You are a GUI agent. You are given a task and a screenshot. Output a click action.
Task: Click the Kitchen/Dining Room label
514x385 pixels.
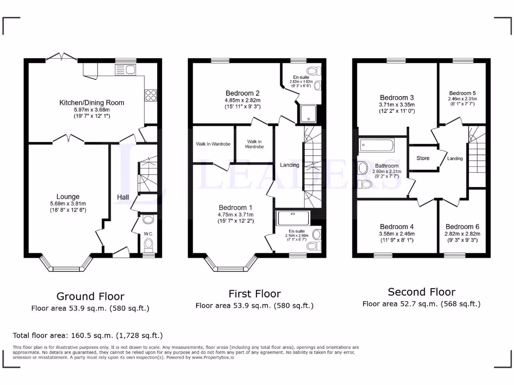[x=91, y=103]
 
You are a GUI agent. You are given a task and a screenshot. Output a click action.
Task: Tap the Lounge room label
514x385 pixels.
[x=68, y=197]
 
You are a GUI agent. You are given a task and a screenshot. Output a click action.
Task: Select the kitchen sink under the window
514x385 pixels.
[x=125, y=70]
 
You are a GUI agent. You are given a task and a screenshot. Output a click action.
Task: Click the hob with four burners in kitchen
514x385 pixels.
[x=150, y=95]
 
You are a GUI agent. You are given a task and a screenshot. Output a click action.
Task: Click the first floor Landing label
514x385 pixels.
[x=290, y=165]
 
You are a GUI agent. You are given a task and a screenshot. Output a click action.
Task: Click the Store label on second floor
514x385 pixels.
[x=423, y=158]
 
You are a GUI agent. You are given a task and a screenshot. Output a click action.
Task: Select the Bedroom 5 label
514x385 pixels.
[x=462, y=93]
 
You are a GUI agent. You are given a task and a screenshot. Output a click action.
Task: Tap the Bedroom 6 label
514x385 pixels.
[x=462, y=227]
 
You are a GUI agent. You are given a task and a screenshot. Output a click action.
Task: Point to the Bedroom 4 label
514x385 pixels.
[x=397, y=227]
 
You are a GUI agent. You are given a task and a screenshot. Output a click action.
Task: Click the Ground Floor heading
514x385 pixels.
[x=90, y=296]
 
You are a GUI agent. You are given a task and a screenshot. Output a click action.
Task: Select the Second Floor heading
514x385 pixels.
[x=422, y=292]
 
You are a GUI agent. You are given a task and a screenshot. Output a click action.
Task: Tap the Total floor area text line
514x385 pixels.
[x=87, y=335]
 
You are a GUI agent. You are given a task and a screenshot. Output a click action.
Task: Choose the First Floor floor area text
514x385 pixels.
[x=254, y=305]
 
